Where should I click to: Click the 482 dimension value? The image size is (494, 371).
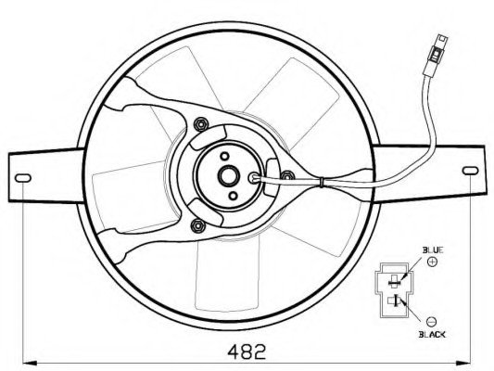click(247, 352)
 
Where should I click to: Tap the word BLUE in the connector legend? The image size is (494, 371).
click(433, 250)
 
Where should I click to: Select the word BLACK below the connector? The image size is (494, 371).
click(432, 335)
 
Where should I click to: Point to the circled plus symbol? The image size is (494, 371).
click(433, 262)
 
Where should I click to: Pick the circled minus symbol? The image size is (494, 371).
click(431, 322)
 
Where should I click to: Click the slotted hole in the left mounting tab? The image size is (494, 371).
click(23, 178)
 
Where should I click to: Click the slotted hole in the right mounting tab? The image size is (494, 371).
click(470, 171)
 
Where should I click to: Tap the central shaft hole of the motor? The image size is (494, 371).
click(229, 176)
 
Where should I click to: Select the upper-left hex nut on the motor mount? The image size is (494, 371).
click(200, 124)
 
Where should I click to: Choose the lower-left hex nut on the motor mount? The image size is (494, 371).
click(197, 225)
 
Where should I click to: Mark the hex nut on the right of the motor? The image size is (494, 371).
click(287, 176)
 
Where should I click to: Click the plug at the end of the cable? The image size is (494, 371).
click(436, 56)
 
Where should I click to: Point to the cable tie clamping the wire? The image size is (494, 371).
click(321, 182)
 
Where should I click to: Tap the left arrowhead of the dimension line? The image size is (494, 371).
click(31, 364)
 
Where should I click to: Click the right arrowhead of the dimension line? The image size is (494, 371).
click(463, 364)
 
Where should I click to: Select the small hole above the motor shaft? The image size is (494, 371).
click(224, 157)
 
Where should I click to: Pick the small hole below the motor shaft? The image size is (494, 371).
click(233, 196)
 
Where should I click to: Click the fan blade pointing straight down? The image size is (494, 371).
click(227, 274)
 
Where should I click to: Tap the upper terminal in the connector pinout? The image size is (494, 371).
click(394, 280)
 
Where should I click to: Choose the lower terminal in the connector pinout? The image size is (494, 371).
click(395, 301)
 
